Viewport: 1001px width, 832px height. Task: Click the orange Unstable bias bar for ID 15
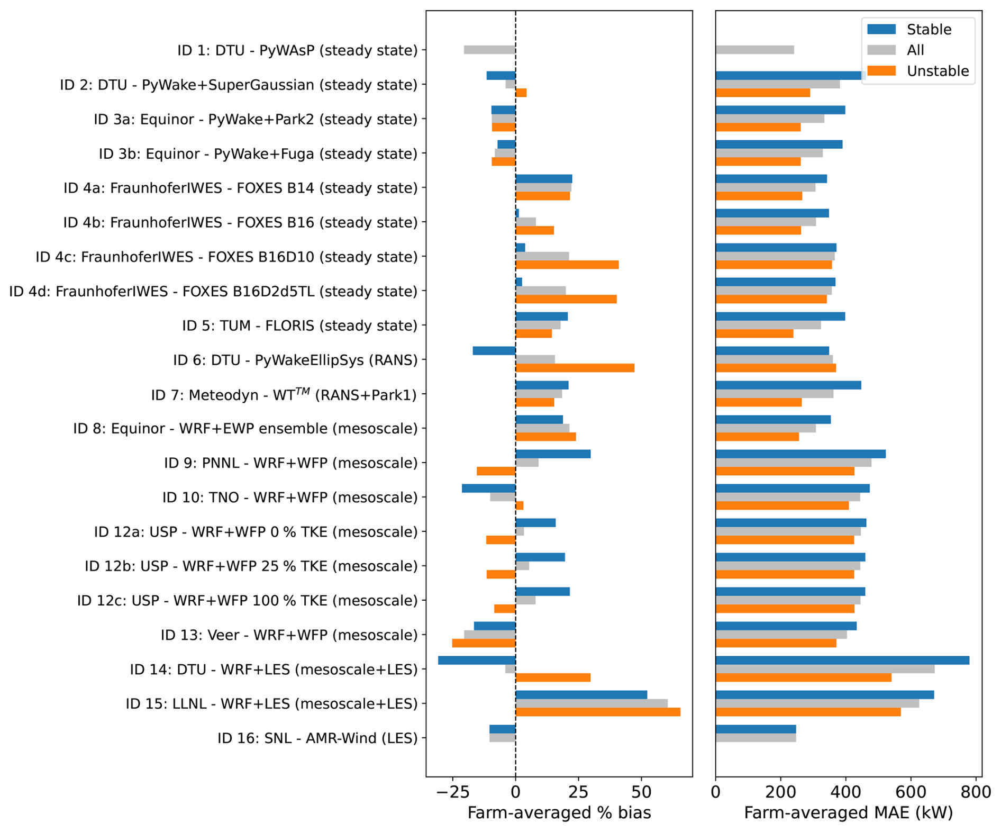[x=598, y=712]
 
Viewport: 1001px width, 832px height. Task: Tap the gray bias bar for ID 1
[x=490, y=50]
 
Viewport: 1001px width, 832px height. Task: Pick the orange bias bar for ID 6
[x=575, y=368]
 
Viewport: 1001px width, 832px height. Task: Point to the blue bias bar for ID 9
[x=553, y=454]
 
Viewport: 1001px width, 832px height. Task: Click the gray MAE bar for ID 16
[x=756, y=738]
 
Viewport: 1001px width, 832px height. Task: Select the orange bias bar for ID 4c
[x=567, y=265]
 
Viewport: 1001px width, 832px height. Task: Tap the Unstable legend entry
[x=918, y=71]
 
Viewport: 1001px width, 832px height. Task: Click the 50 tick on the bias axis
[x=642, y=792]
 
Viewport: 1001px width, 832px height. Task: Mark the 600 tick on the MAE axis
[x=911, y=792]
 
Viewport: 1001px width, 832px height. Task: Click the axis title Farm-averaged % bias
[x=559, y=813]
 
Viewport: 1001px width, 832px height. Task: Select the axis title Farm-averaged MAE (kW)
[x=849, y=813]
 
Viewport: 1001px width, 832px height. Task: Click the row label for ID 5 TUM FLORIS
[x=300, y=325]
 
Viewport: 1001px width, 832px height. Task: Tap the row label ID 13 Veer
[x=289, y=635]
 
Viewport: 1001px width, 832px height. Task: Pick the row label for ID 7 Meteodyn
[x=284, y=394]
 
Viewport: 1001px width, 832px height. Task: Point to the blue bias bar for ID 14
[x=477, y=661]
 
